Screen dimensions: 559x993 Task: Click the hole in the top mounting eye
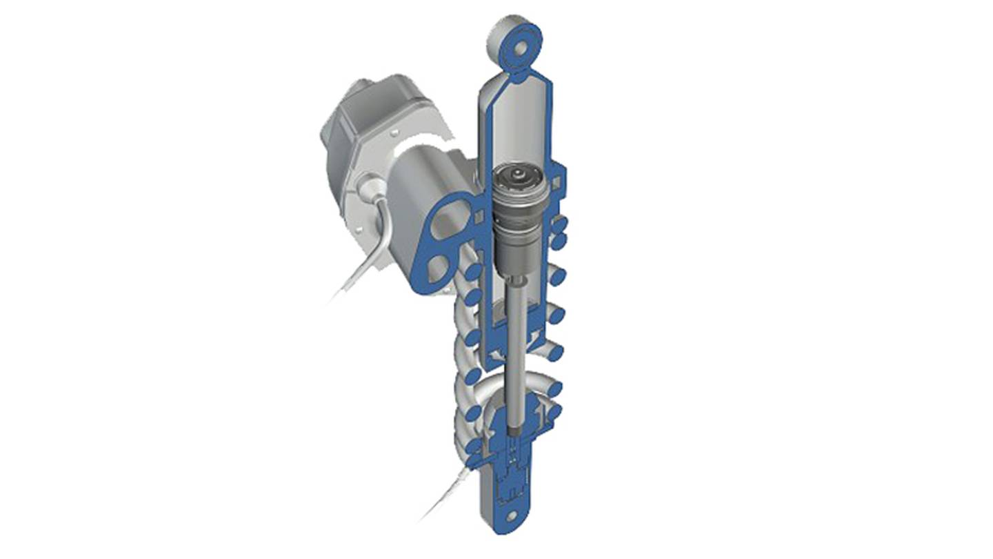(x=518, y=49)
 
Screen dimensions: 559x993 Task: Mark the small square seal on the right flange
(x=555, y=182)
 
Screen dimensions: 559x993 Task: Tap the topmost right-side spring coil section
(x=560, y=224)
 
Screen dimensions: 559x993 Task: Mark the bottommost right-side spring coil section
(x=556, y=414)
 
